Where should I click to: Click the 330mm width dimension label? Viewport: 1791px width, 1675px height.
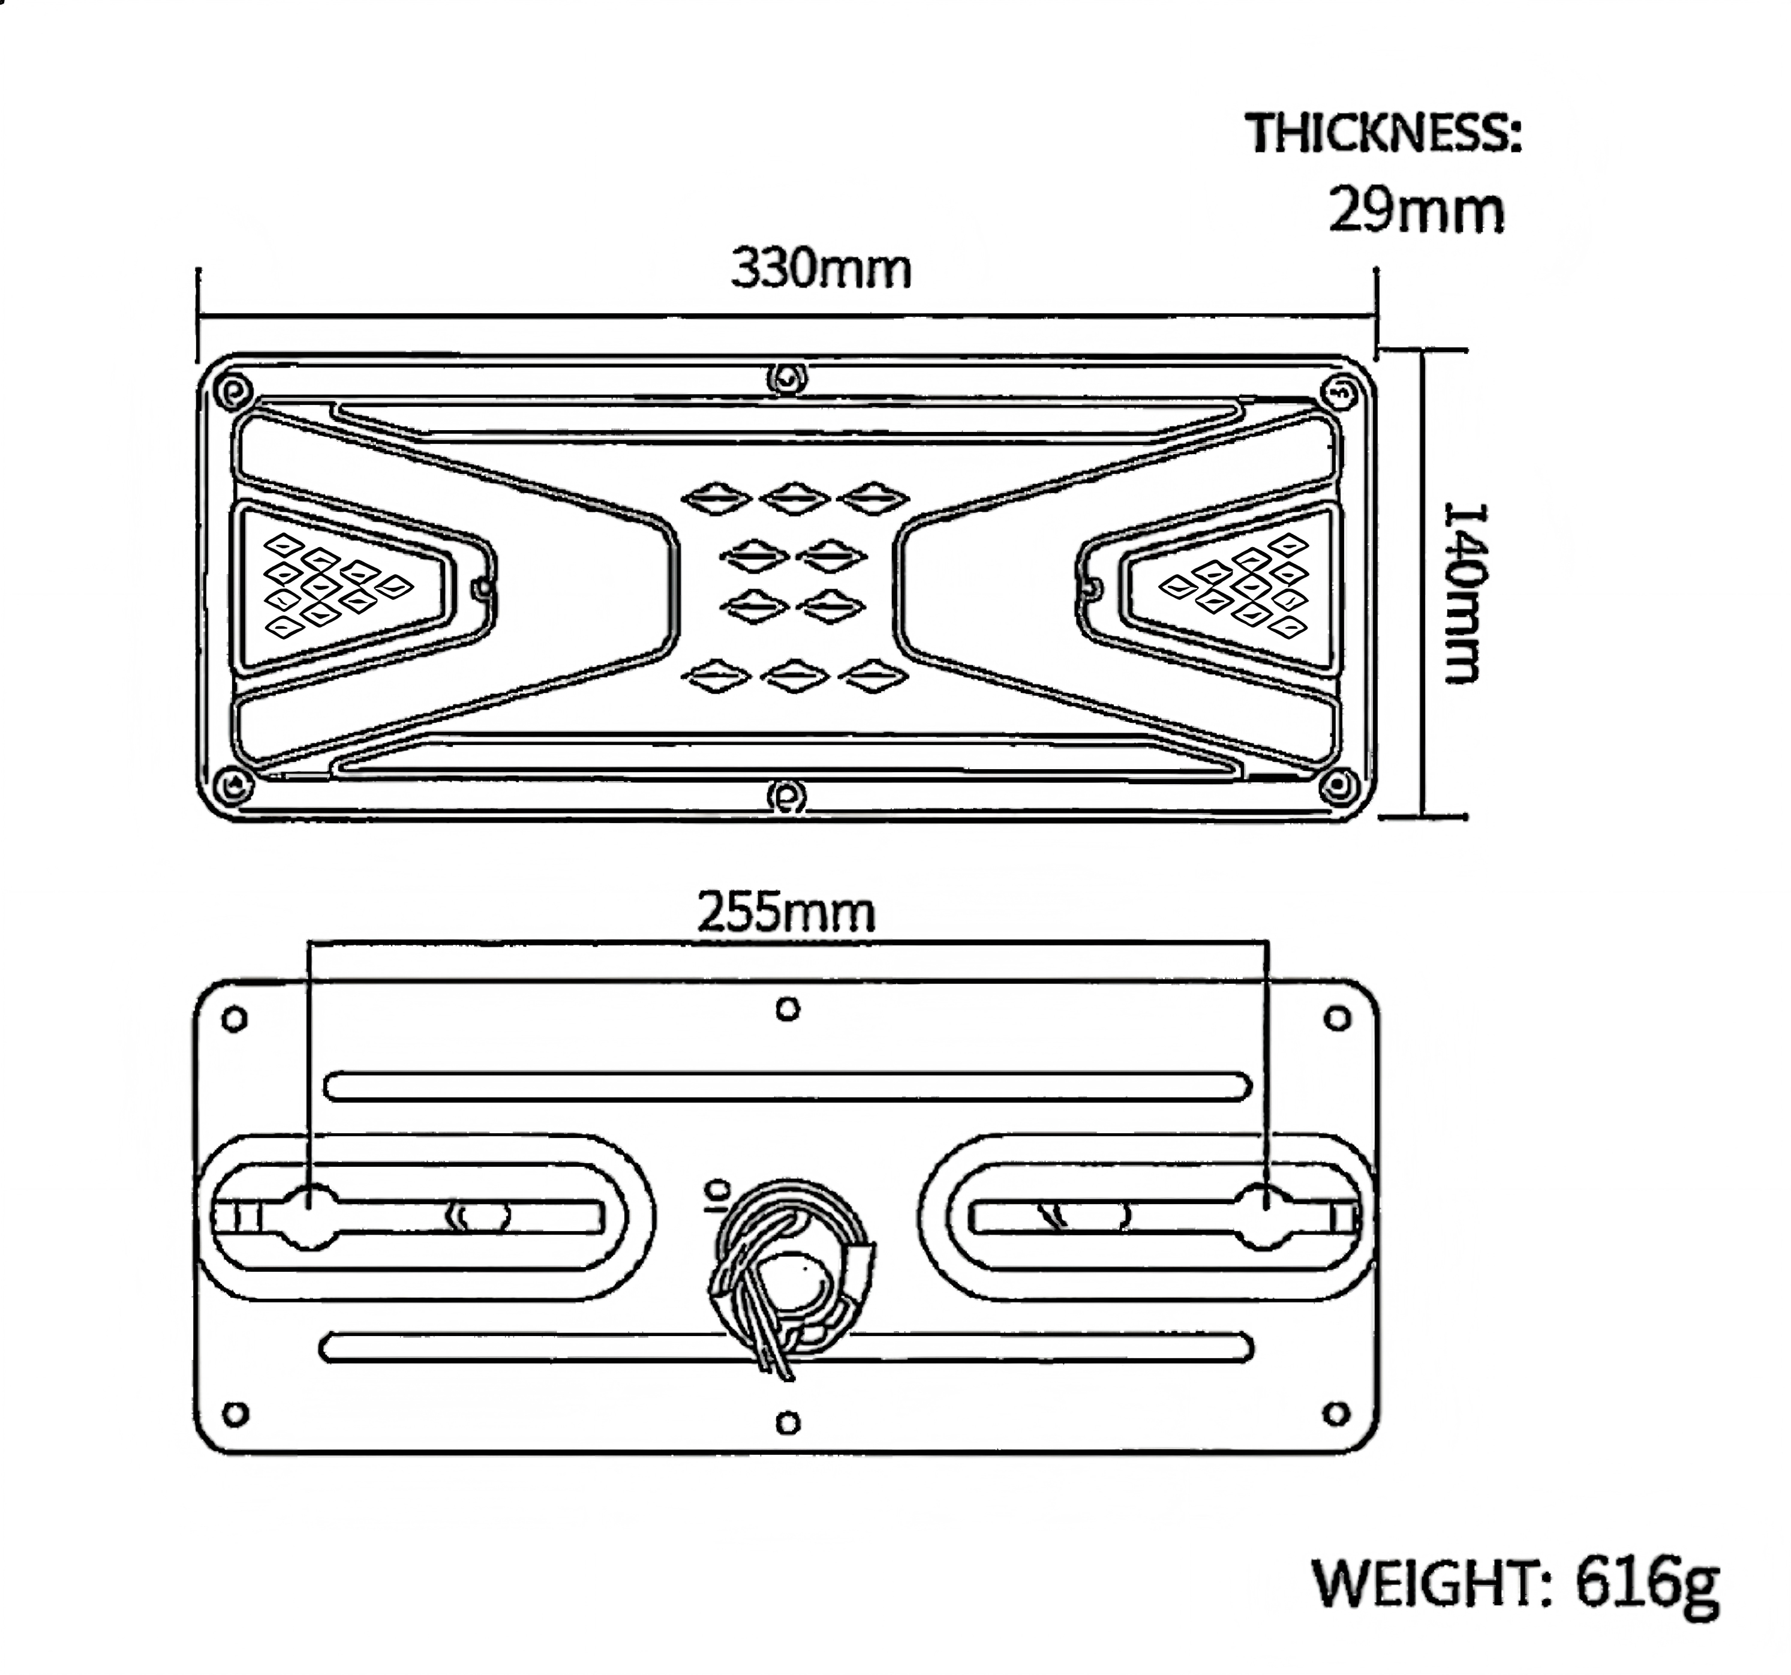tap(821, 269)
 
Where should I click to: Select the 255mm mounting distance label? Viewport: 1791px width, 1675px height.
tap(786, 912)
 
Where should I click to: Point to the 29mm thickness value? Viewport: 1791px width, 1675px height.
tap(1416, 210)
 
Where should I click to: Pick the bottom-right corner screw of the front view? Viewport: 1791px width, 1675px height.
tap(1339, 786)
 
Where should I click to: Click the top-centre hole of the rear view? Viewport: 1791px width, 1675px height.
tap(788, 1008)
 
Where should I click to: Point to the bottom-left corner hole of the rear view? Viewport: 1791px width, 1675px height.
tap(235, 1413)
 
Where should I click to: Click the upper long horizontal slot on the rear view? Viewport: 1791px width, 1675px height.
tap(788, 1086)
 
